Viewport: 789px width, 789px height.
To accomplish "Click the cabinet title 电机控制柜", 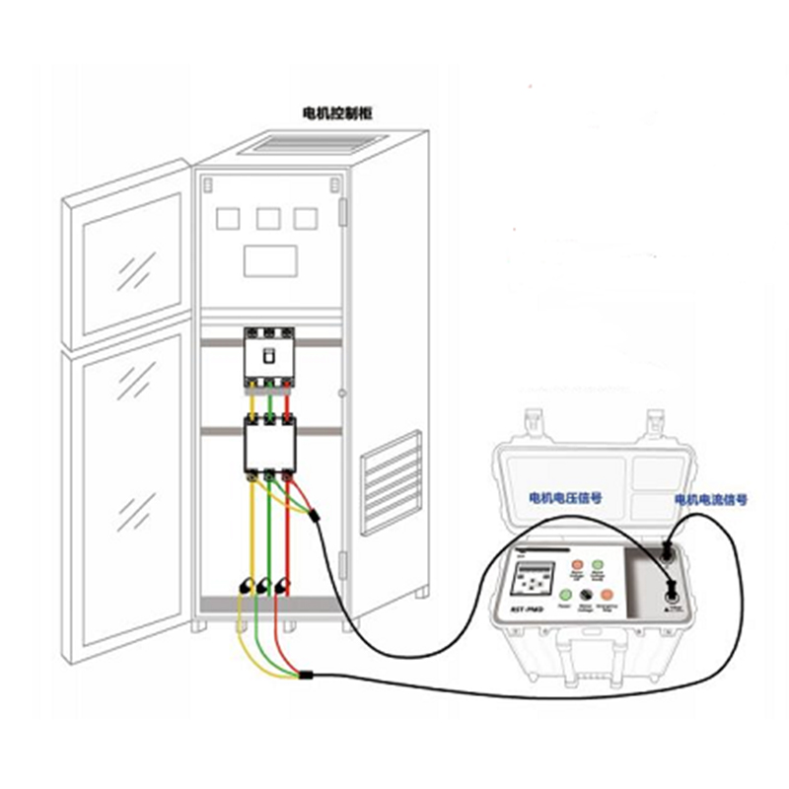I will [345, 114].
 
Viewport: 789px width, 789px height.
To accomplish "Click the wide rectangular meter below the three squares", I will [271, 259].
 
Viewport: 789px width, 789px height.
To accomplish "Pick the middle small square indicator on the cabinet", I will [268, 217].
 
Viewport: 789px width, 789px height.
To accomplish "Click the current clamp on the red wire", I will [286, 586].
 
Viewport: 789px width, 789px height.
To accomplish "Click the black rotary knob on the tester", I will [586, 596].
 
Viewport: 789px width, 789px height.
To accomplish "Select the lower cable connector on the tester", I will [673, 594].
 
